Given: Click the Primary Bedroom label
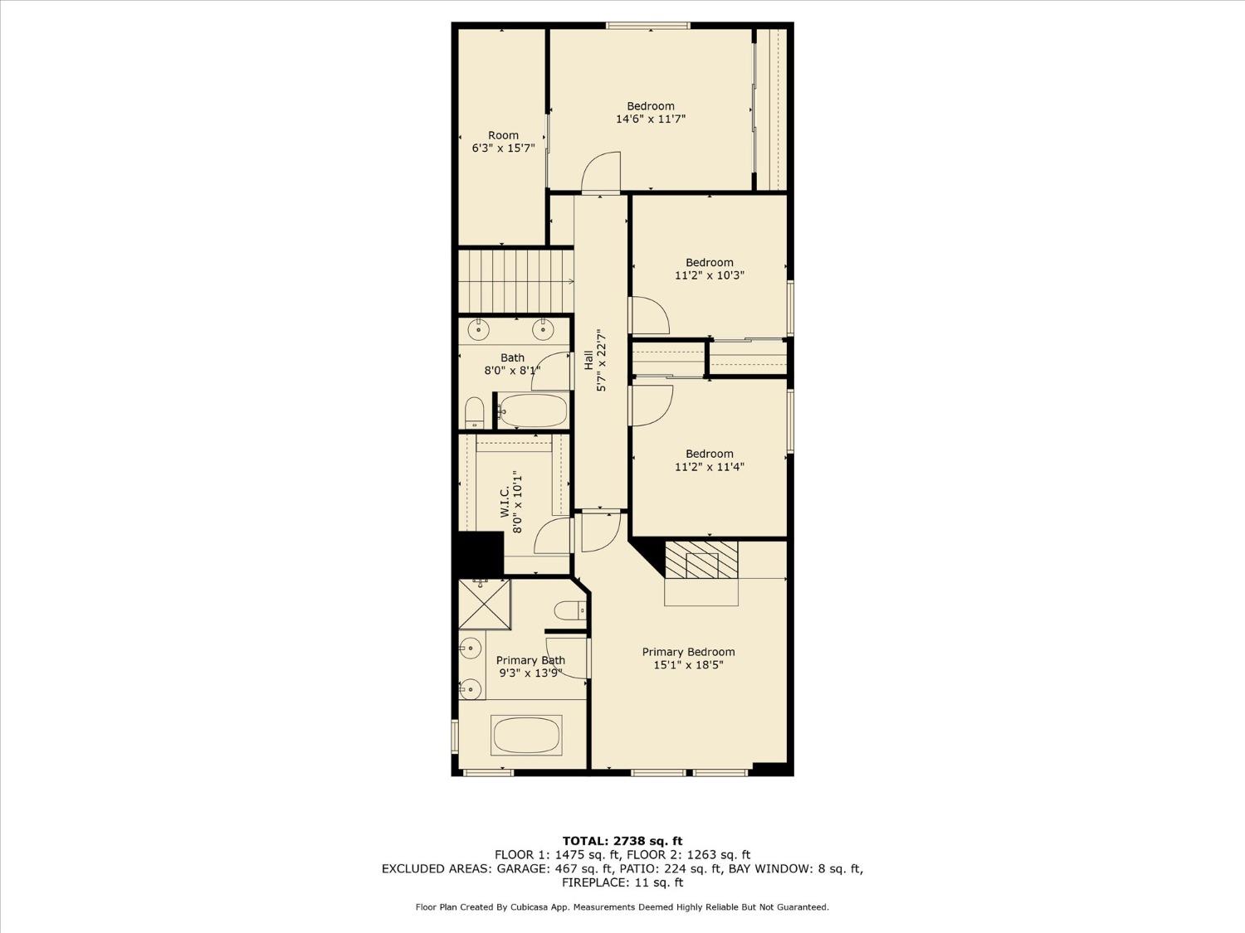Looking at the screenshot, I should [x=688, y=652].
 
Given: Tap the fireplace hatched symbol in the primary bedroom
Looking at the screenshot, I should [x=701, y=560].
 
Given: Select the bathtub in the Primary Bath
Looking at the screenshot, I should [x=526, y=735].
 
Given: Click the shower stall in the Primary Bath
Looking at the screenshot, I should [x=485, y=605].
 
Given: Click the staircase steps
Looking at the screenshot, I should [x=515, y=281].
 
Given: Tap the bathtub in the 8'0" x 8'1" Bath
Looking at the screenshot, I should [x=533, y=410].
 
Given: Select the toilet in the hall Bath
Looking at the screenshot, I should [x=474, y=412].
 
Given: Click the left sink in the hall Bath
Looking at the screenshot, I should [x=479, y=330].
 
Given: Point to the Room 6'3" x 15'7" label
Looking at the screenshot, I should [x=503, y=142].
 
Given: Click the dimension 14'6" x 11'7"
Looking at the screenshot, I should [x=651, y=119].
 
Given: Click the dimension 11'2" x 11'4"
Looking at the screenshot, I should [x=709, y=467].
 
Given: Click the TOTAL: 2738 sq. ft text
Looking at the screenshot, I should [x=622, y=841].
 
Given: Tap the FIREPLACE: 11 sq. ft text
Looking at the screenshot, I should [x=622, y=883].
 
